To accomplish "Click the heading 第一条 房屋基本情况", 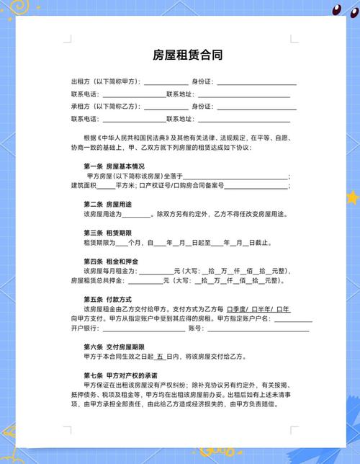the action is pyautogui.click(x=114, y=166).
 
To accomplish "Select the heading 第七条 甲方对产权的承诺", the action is pyautogui.click(x=118, y=375).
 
